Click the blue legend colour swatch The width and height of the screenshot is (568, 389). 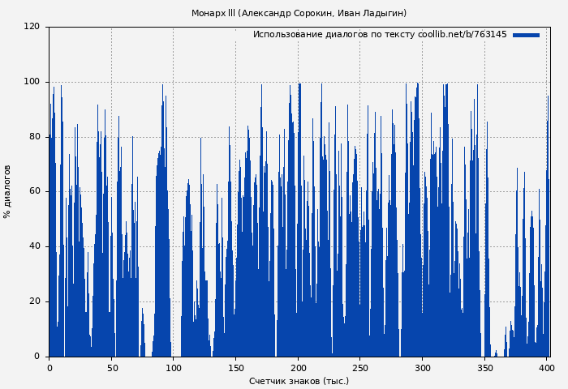[526, 35]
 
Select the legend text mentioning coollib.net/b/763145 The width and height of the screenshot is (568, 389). [380, 35]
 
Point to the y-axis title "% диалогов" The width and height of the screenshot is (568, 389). [7, 191]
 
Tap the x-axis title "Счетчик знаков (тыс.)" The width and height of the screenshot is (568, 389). [299, 381]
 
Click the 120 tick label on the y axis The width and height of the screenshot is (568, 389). [32, 27]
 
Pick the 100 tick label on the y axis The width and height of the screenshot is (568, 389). [32, 82]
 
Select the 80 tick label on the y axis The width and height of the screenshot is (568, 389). [34, 137]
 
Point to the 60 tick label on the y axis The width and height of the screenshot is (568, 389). [34, 191]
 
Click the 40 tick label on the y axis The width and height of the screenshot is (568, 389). [34, 246]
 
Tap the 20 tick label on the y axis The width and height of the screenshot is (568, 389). [34, 301]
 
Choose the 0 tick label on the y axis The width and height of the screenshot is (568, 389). [37, 357]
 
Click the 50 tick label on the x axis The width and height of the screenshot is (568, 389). [111, 368]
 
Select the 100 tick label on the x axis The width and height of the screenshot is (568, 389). [174, 368]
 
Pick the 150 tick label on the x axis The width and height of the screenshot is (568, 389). [236, 368]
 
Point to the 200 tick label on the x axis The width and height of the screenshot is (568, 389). [299, 368]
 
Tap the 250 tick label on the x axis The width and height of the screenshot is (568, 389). [360, 368]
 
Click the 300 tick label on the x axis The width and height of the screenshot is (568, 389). [423, 368]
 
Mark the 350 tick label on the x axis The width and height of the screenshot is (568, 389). [485, 368]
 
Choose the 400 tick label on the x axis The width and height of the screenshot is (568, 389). [547, 368]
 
